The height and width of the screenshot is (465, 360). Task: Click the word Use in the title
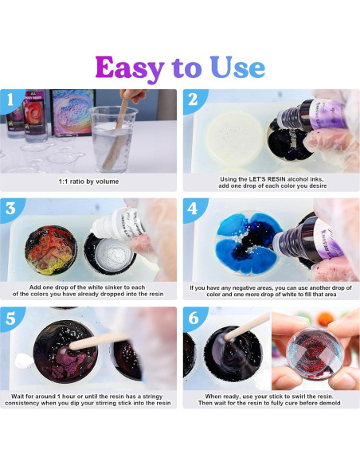237,68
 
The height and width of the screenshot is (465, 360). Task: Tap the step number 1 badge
10,101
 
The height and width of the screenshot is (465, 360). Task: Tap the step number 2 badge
194,101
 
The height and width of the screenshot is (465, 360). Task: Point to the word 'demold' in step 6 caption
327,404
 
